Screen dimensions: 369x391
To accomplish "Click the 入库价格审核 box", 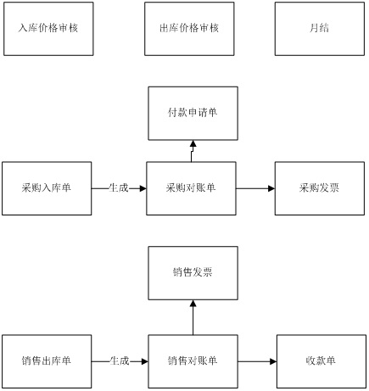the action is [x=48, y=29].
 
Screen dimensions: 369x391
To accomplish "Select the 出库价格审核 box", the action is [x=189, y=29].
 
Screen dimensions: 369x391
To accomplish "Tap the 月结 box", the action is [x=320, y=29].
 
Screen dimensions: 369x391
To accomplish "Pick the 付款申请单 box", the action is [x=193, y=114].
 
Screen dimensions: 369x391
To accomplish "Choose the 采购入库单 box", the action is [x=47, y=188].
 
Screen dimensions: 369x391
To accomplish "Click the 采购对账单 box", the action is [x=191, y=188].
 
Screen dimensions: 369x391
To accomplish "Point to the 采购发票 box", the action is [x=320, y=188].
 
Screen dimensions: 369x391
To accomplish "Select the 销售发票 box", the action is [x=193, y=273].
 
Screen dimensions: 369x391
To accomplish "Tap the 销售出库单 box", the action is [x=47, y=361].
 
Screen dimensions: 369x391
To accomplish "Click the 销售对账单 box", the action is [x=193, y=361].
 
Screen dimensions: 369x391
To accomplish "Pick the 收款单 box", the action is [x=321, y=361].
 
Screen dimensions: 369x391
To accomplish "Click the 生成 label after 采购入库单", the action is [x=119, y=187].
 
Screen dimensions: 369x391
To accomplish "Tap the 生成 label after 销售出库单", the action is [x=120, y=361].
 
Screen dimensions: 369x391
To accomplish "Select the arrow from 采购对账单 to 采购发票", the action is [x=255, y=188].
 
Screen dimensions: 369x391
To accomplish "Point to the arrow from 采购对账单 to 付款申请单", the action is [x=193, y=151].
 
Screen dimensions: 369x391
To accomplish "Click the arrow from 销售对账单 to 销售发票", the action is [x=193, y=317].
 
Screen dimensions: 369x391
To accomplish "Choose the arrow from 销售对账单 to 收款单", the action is [x=257, y=361].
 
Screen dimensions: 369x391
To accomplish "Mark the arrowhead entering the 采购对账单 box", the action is [x=143, y=188].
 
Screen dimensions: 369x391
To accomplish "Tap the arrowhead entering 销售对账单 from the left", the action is [x=145, y=361].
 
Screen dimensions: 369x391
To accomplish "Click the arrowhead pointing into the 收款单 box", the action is [x=273, y=361].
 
